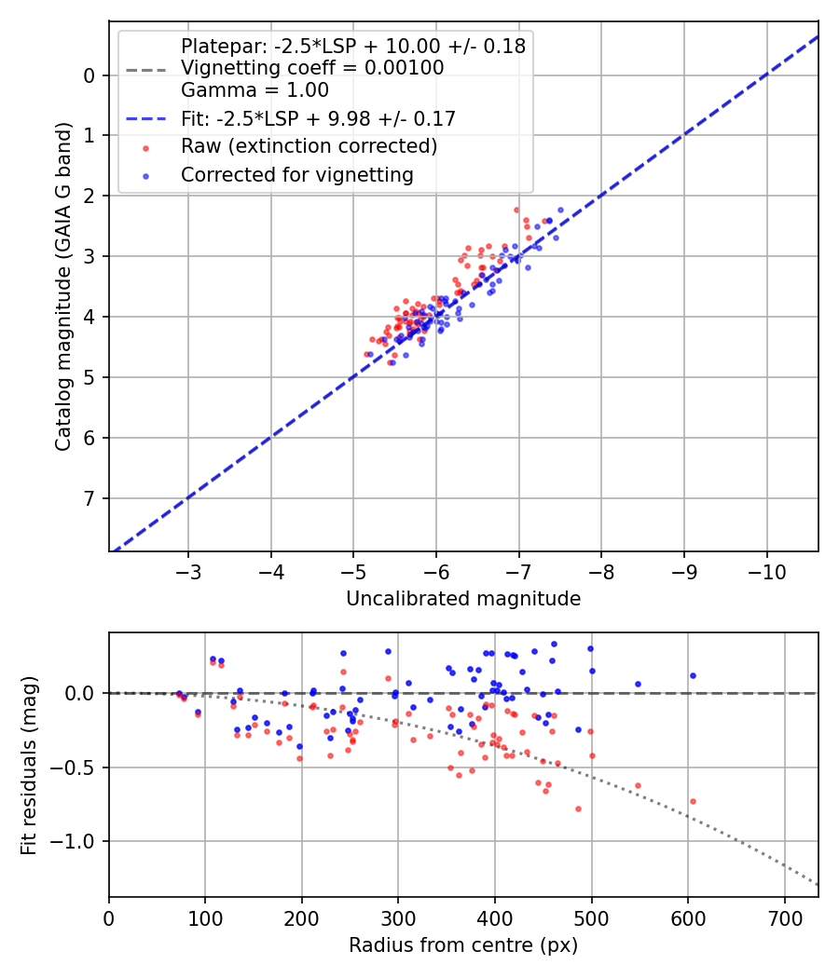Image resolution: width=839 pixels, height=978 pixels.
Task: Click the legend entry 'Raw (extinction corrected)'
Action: point(309,146)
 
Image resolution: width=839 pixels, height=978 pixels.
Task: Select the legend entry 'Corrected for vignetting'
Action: point(296,174)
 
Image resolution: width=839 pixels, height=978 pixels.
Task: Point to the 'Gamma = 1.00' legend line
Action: point(254,90)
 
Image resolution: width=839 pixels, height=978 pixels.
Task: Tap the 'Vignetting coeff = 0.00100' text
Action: point(312,68)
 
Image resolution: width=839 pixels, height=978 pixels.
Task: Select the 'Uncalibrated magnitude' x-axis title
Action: point(463,599)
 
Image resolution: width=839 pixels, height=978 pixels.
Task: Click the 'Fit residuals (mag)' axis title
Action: point(29,765)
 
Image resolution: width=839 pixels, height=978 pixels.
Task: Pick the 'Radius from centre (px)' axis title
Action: point(463,945)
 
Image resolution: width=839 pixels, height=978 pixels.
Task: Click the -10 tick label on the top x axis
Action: point(767,569)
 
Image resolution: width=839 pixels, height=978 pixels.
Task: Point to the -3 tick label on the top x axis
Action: point(188,569)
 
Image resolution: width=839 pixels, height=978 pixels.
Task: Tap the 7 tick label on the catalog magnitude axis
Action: point(89,498)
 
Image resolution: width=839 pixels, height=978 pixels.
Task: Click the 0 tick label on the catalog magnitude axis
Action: point(89,75)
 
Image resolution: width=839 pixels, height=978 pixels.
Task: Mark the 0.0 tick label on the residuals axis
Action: point(82,693)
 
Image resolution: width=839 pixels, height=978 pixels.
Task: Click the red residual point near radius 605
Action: point(693,801)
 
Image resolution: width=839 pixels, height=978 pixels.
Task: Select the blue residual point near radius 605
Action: point(693,675)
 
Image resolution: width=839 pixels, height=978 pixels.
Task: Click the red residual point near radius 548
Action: point(638,785)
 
